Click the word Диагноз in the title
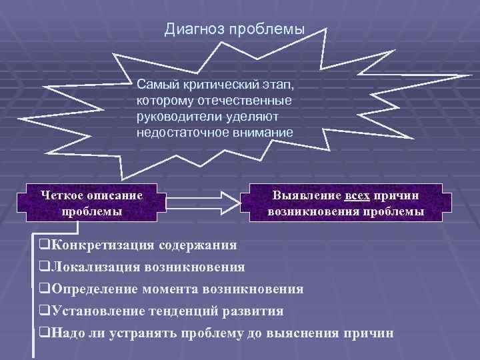pos(194,30)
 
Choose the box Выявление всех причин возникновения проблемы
pos(345,203)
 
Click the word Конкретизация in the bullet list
pos(99,244)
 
